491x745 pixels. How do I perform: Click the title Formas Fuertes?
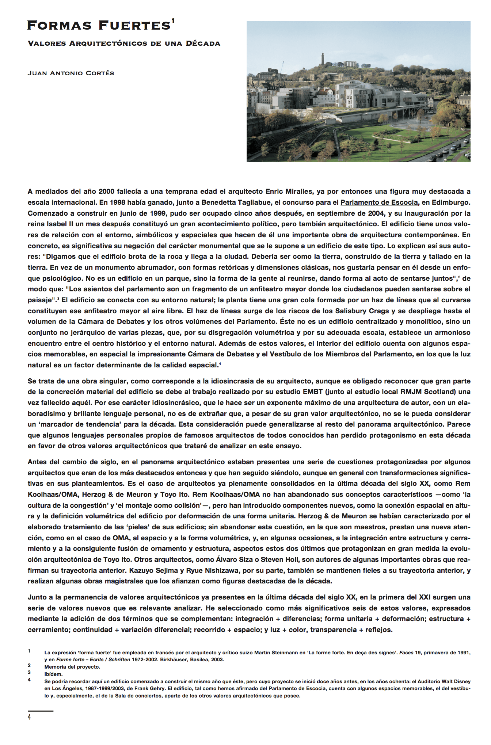(x=99, y=26)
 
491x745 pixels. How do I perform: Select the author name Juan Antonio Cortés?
(x=71, y=73)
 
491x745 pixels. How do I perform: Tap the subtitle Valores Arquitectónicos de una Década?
(x=124, y=44)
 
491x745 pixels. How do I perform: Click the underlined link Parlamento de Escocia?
(x=379, y=202)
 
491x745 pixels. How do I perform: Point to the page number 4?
(x=29, y=717)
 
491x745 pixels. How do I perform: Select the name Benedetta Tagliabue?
(x=233, y=202)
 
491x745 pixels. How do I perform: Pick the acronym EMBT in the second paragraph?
(x=312, y=392)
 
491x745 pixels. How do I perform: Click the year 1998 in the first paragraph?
(x=118, y=202)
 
